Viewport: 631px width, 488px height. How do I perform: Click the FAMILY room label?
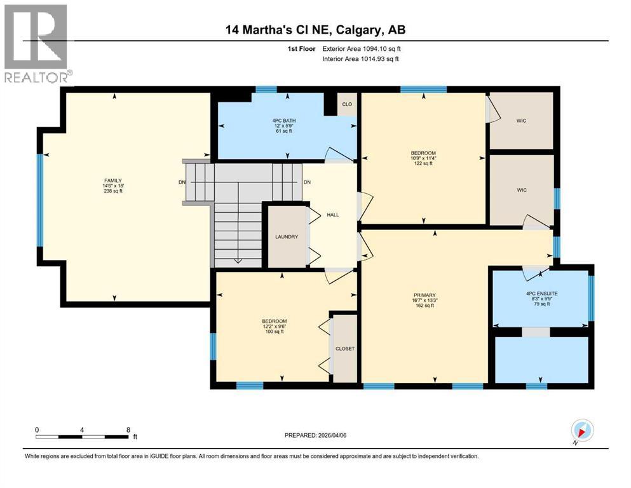coord(113,180)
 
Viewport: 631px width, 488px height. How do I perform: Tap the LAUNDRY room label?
coord(287,237)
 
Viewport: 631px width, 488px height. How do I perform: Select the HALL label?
coord(332,215)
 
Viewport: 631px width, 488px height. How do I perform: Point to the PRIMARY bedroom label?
coord(424,295)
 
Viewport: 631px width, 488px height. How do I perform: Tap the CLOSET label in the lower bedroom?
coord(345,348)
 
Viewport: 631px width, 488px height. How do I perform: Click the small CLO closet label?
coord(347,104)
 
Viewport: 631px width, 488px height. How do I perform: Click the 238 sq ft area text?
coord(113,191)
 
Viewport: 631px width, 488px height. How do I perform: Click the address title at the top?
coord(315,29)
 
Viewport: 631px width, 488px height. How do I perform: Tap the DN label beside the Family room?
coord(181,183)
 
